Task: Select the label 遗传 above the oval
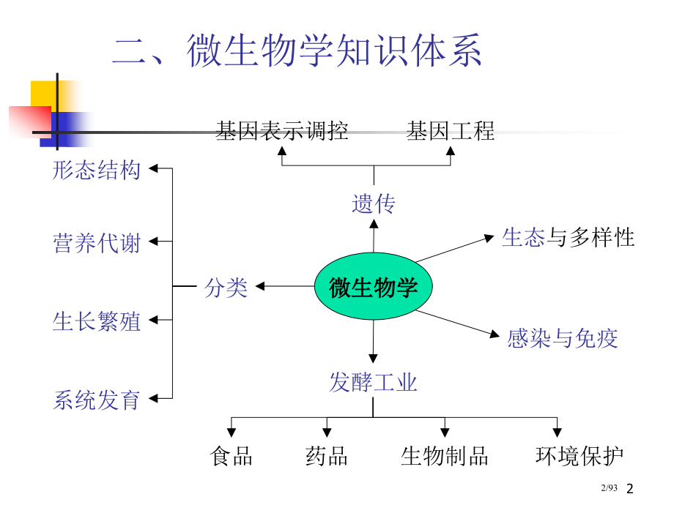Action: tap(374, 203)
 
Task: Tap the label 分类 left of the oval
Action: tap(226, 287)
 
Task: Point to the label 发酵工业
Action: tap(373, 381)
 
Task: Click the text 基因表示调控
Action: tap(282, 131)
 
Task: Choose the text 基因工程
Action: tap(451, 131)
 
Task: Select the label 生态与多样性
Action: tap(569, 237)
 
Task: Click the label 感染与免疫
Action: tap(563, 337)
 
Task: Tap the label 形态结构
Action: tap(97, 171)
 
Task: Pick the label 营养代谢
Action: tap(97, 242)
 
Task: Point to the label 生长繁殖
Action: tap(97, 321)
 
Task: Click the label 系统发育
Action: tap(97, 400)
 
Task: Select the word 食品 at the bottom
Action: tap(232, 457)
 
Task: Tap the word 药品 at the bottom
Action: tap(327, 457)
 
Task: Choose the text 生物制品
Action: tap(445, 457)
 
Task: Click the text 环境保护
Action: tap(579, 457)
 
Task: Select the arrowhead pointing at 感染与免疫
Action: tap(495, 334)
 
